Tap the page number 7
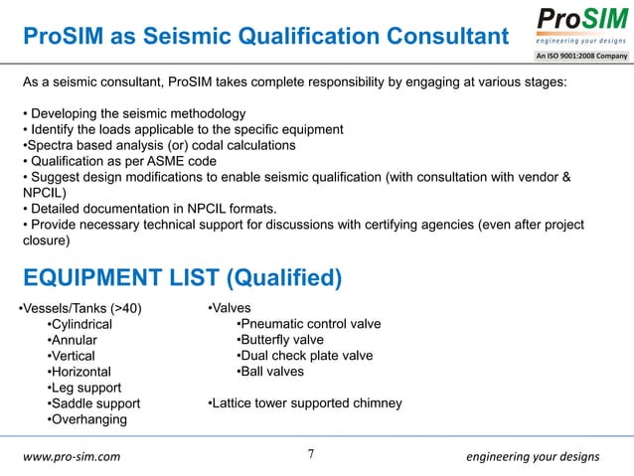click(312, 455)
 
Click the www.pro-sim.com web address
click(72, 457)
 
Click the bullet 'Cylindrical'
click(81, 325)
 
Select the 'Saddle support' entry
click(95, 403)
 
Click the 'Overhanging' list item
click(88, 419)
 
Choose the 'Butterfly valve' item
click(281, 341)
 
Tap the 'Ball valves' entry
click(270, 373)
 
